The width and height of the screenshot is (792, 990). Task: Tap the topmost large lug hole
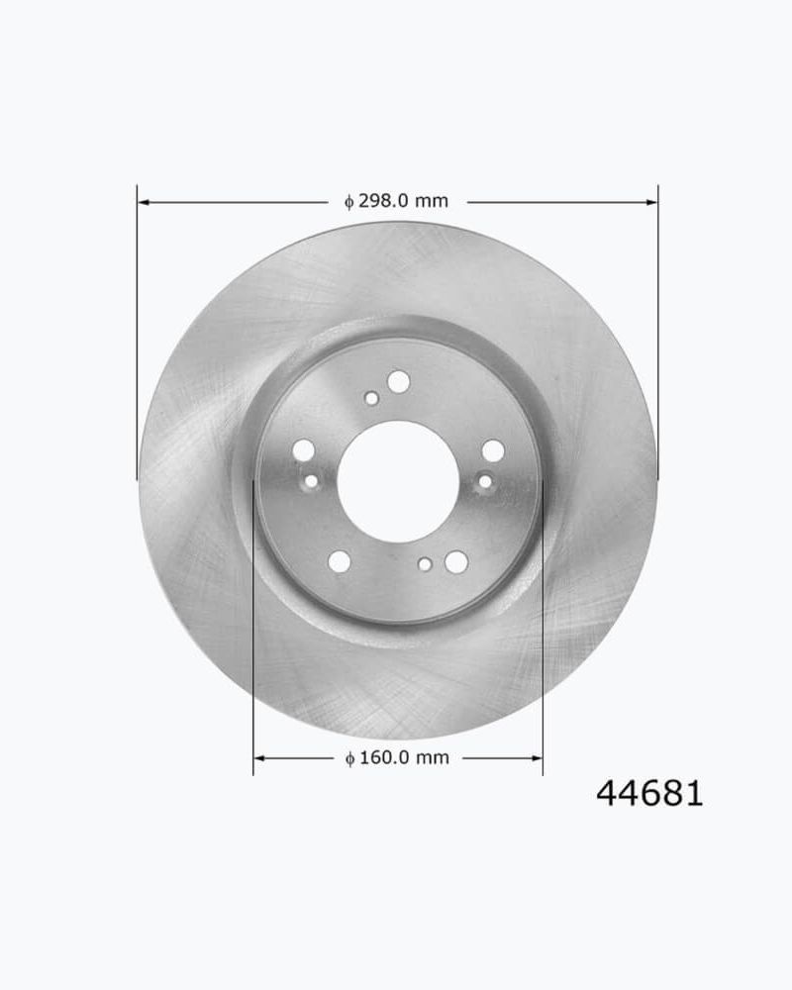click(x=398, y=381)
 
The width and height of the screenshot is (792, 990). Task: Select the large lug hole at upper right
click(x=493, y=451)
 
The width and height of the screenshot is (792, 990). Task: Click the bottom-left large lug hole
click(x=339, y=561)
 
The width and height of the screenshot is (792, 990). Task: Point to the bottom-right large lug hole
click(x=455, y=561)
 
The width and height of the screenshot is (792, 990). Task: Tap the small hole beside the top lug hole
click(x=371, y=398)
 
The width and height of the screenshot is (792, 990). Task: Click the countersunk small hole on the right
click(x=485, y=482)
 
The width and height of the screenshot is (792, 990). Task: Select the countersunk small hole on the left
click(x=311, y=482)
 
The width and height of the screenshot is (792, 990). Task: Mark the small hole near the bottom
click(x=425, y=564)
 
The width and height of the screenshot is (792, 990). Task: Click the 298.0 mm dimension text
click(x=396, y=201)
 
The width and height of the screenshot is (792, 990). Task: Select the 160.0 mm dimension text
click(x=397, y=758)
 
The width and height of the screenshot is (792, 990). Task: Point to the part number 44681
click(x=649, y=793)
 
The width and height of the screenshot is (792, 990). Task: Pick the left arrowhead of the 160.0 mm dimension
click(x=259, y=758)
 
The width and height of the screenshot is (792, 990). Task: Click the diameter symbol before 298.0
click(x=348, y=202)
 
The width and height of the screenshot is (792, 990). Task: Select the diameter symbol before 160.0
click(x=349, y=759)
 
